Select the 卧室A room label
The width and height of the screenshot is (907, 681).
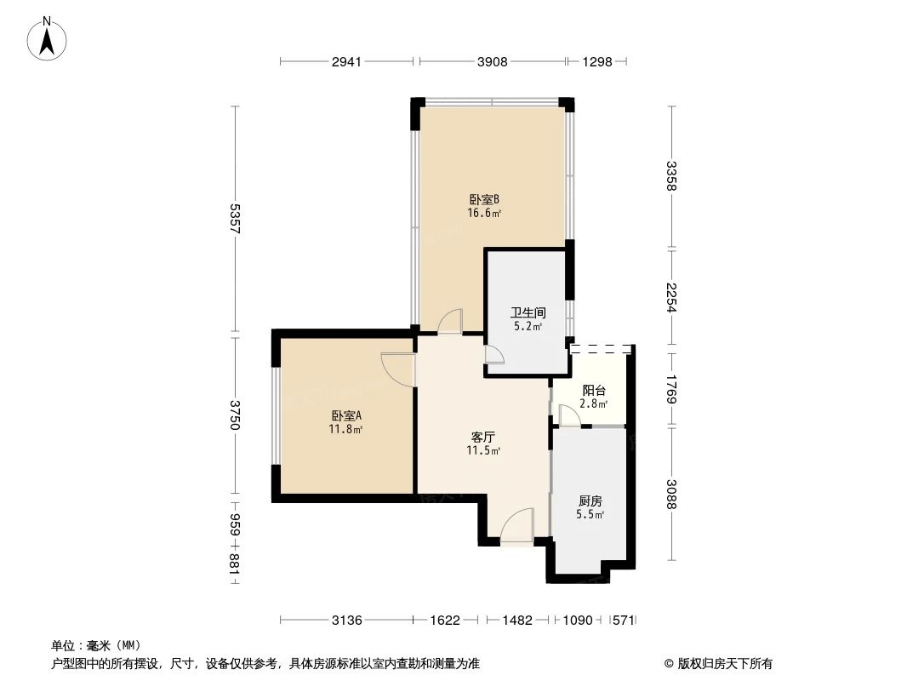pyautogui.click(x=347, y=416)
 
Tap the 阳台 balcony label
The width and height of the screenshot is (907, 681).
pyautogui.click(x=594, y=391)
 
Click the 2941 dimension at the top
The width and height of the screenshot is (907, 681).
pyautogui.click(x=347, y=61)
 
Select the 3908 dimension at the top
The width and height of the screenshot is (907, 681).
pyautogui.click(x=493, y=61)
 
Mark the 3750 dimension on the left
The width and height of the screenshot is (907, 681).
pyautogui.click(x=235, y=415)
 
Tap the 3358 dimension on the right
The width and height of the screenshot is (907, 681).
pyautogui.click(x=671, y=176)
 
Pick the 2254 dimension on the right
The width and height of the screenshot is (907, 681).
pyautogui.click(x=671, y=297)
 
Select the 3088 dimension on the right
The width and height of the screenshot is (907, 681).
pyautogui.click(x=671, y=494)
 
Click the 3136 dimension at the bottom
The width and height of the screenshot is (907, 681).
pyautogui.click(x=347, y=621)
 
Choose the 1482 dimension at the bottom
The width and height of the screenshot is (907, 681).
pyautogui.click(x=517, y=621)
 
